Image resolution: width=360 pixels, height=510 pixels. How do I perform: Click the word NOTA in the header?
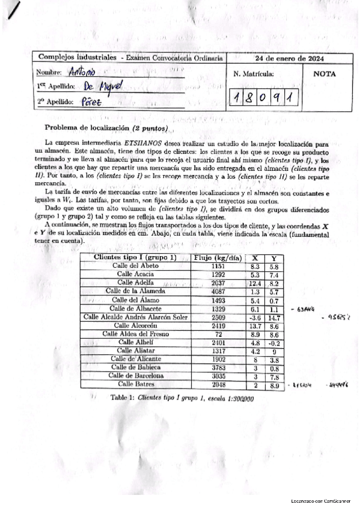tap(325, 75)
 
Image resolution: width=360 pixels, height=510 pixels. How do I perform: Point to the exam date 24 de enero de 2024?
tap(290, 58)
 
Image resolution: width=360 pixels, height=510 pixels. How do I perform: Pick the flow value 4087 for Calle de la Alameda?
tap(218, 291)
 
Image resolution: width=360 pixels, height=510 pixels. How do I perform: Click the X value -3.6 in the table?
tap(255, 316)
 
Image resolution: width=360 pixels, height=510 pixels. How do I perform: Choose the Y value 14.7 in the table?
tap(274, 316)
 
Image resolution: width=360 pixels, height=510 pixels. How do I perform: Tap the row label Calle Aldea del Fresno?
tap(135, 333)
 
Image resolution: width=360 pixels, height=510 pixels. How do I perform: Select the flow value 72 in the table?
tap(218, 333)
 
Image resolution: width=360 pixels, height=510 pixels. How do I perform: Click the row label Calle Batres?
tap(135, 383)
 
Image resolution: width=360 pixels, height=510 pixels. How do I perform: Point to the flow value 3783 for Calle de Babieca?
tap(218, 367)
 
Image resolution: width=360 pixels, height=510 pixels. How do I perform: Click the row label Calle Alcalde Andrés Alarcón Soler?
tap(135, 316)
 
